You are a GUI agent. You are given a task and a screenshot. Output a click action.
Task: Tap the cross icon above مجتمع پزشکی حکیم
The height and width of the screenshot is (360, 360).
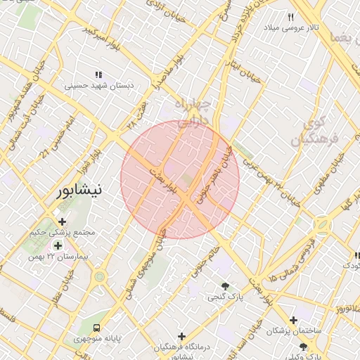tap(62, 221)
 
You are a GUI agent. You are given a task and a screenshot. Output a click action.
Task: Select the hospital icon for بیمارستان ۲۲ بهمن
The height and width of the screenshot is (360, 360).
tap(58, 245)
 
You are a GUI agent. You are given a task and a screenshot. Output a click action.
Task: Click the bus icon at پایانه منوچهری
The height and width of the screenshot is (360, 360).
tap(96, 328)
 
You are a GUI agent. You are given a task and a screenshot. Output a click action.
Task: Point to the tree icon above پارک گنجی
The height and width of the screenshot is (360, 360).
tap(225, 286)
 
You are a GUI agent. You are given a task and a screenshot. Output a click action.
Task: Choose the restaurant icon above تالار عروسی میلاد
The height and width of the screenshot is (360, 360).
tap(291, 16)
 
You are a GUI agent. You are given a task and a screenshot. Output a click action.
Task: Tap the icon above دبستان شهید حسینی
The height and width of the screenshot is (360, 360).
tap(98, 75)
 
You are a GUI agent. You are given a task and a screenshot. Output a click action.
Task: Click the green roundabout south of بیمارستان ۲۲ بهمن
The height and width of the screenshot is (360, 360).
tap(100, 276)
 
